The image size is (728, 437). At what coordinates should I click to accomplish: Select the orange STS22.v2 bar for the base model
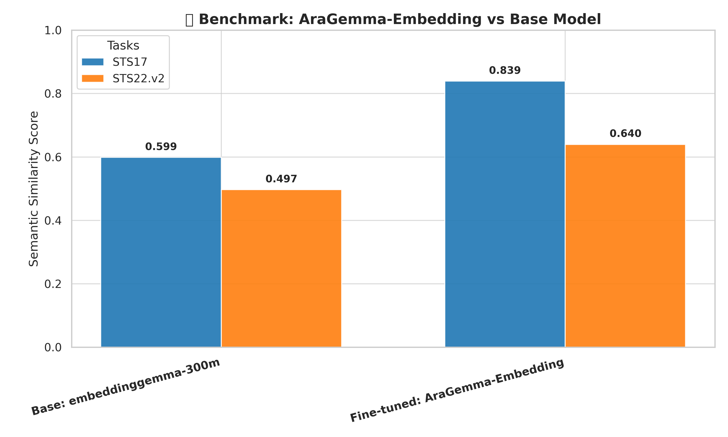click(x=281, y=268)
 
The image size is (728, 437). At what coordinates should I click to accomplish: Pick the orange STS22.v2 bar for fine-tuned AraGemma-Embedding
click(x=625, y=246)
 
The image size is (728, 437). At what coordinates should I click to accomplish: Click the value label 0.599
click(x=161, y=147)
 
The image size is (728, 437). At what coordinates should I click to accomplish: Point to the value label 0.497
click(x=281, y=179)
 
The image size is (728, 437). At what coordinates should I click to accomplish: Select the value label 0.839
click(x=505, y=71)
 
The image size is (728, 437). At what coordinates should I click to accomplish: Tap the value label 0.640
click(x=625, y=134)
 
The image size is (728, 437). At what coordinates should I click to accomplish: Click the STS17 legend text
click(x=130, y=62)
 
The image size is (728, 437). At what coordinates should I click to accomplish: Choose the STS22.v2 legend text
click(x=138, y=79)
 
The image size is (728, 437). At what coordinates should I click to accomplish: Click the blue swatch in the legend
click(x=93, y=62)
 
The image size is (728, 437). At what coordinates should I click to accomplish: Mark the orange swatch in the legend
click(x=93, y=78)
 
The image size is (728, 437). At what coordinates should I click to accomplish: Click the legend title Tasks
click(x=123, y=46)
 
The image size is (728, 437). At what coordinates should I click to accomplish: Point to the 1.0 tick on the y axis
click(x=53, y=30)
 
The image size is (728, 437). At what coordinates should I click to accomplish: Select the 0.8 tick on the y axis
click(x=53, y=94)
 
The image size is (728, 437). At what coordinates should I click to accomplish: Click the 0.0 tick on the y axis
click(x=53, y=347)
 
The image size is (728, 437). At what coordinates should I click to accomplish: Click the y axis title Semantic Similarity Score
click(x=33, y=189)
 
